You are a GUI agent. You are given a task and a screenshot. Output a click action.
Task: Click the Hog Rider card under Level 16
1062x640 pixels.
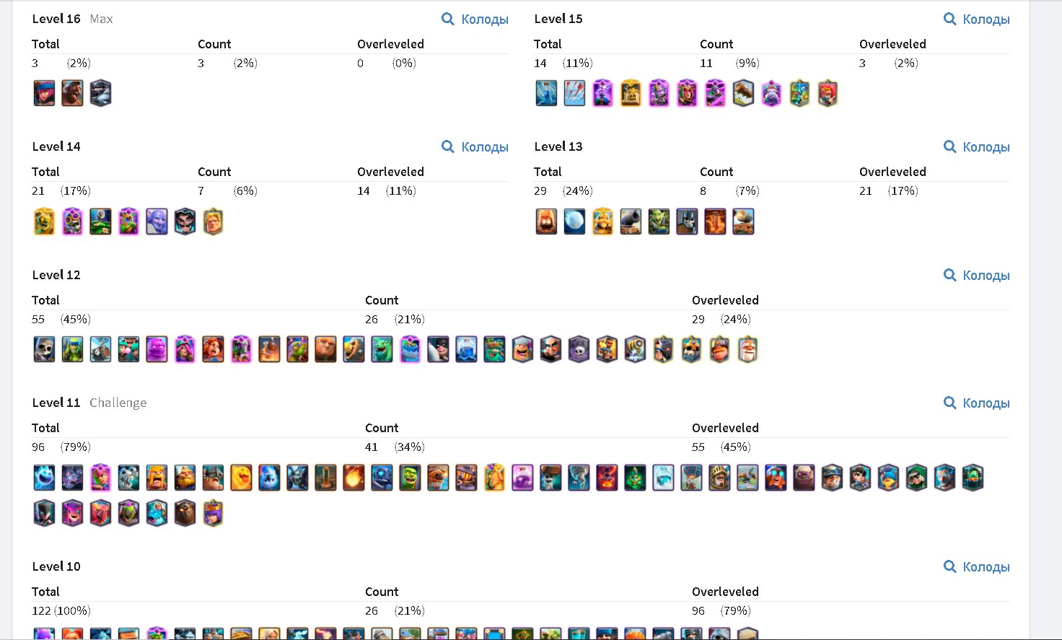click(x=72, y=93)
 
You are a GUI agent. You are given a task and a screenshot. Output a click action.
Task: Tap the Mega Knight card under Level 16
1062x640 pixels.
click(x=100, y=93)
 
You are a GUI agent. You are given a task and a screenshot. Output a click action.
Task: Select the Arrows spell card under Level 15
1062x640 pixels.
click(x=574, y=93)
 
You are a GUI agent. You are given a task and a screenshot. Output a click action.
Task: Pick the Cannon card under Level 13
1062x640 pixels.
click(x=631, y=222)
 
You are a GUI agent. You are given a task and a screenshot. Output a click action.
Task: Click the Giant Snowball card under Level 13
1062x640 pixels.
click(x=574, y=222)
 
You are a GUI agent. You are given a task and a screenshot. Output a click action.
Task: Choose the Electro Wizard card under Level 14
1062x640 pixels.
click(x=185, y=222)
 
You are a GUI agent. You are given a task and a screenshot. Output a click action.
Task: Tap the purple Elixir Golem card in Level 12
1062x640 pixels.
click(x=157, y=349)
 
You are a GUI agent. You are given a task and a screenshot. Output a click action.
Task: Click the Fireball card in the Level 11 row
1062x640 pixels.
click(x=354, y=477)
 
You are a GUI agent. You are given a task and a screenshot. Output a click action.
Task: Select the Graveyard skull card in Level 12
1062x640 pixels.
click(x=579, y=349)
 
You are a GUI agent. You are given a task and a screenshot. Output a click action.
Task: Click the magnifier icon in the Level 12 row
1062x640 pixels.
click(x=949, y=275)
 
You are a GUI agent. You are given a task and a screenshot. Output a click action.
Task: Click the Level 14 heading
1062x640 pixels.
click(x=56, y=146)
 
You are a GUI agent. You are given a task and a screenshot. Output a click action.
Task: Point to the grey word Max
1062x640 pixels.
click(x=101, y=19)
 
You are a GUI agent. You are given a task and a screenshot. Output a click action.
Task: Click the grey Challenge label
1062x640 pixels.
click(x=118, y=403)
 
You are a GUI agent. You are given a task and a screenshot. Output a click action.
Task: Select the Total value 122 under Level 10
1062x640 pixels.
click(x=41, y=610)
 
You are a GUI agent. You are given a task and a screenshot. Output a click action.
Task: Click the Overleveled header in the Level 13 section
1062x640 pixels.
click(x=892, y=172)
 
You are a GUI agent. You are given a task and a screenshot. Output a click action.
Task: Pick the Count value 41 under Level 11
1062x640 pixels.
click(x=372, y=447)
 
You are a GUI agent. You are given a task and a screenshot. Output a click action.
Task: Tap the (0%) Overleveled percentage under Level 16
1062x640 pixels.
click(x=404, y=63)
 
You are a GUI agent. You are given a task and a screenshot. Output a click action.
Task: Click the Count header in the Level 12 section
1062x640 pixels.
click(x=382, y=300)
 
